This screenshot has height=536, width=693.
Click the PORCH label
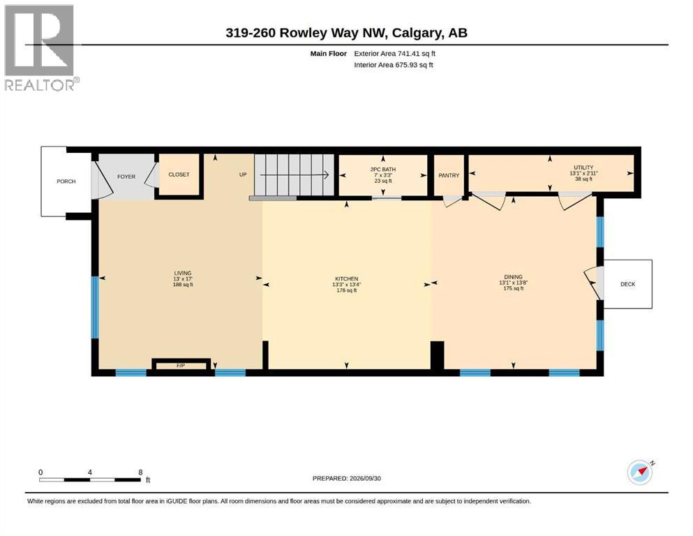pos(66,181)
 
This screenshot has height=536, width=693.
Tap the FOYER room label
pos(126,177)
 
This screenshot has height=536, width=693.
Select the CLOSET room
pos(179,174)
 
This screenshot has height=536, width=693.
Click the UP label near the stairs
pos(243,174)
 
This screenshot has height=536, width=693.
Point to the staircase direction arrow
pos(295,175)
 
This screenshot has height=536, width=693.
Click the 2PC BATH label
pos(383,169)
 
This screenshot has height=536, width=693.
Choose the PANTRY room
pos(449,175)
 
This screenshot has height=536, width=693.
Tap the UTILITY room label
pos(583,167)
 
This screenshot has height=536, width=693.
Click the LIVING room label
pos(183,273)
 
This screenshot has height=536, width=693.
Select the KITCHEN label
pos(346,278)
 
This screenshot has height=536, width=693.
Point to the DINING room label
pos(513,277)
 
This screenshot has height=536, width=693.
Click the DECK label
pos(627,284)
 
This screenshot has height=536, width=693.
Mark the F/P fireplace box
pos(181,365)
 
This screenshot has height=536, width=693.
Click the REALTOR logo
pos(41,47)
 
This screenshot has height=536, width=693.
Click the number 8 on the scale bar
pos(140,472)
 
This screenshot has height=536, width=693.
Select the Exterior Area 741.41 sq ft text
pos(395,54)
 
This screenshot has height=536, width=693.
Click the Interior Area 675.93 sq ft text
pos(394,65)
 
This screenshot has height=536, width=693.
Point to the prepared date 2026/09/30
pos(365,478)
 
